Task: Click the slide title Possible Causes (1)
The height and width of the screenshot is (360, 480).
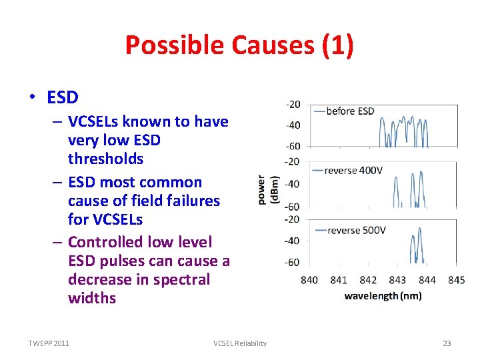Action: [239, 45]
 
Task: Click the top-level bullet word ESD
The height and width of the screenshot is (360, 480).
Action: [63, 97]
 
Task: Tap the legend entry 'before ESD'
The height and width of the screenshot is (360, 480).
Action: [350, 111]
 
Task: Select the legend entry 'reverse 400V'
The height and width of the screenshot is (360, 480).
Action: [353, 171]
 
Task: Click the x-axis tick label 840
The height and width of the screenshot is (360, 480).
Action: [309, 280]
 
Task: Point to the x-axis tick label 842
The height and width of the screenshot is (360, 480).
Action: [368, 280]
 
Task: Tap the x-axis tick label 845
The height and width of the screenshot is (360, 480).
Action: [457, 280]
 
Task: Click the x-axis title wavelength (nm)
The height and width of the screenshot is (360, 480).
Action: [383, 295]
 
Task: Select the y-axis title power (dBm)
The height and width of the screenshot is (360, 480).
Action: [268, 189]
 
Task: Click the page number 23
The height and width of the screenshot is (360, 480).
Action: [447, 343]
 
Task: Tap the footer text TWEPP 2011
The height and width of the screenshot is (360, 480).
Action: [49, 343]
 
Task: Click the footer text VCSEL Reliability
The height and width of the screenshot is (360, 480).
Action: [240, 343]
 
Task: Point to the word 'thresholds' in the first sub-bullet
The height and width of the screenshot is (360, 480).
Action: [105, 159]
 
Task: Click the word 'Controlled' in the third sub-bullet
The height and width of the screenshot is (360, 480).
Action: [106, 241]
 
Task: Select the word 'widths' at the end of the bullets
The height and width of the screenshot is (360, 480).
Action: [92, 298]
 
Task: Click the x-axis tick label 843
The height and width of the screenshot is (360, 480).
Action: [397, 280]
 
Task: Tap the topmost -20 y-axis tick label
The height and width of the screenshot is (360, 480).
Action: [293, 105]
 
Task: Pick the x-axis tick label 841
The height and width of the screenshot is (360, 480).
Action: [339, 280]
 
